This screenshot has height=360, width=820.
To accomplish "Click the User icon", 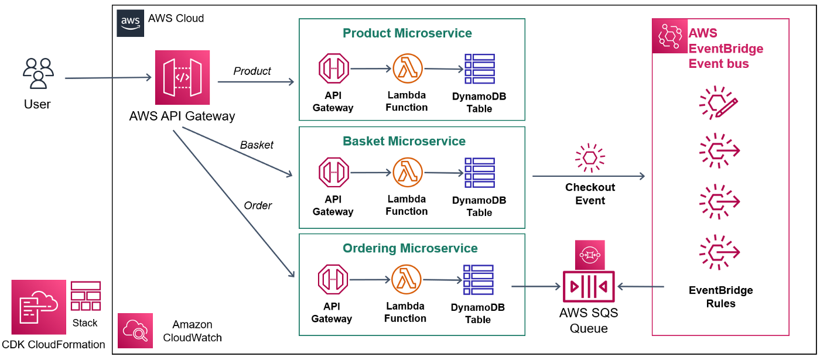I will (x=38, y=73).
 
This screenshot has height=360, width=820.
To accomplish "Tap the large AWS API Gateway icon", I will (x=182, y=77).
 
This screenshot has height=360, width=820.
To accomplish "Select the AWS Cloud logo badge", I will (x=130, y=23).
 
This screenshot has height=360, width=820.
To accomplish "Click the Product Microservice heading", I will (x=407, y=33).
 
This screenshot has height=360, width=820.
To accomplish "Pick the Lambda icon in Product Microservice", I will (x=408, y=69).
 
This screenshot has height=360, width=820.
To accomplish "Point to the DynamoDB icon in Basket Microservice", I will (x=479, y=173).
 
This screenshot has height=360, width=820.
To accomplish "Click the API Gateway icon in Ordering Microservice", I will (x=333, y=280).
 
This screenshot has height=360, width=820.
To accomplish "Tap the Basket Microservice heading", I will (x=404, y=141).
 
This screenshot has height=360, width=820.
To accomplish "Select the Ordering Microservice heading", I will (x=410, y=248).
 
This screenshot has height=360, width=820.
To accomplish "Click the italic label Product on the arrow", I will (x=252, y=71).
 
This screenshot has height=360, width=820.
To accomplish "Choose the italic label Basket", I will (x=257, y=145).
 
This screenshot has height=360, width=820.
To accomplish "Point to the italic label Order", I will (x=258, y=205).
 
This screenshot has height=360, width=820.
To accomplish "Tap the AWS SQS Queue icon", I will (x=588, y=287).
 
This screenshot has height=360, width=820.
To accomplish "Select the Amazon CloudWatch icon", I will (x=135, y=331).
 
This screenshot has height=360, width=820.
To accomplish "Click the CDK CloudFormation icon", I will (x=39, y=307).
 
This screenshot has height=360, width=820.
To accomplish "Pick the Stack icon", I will (x=86, y=296).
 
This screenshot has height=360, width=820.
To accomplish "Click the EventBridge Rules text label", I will (x=720, y=297).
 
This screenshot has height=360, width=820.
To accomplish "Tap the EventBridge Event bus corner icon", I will (x=669, y=36).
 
